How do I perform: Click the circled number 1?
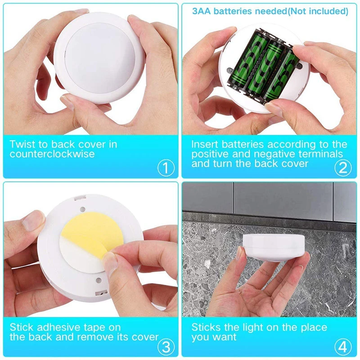165,168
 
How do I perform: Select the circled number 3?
165,347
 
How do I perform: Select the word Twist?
22,144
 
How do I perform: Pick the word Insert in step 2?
205,144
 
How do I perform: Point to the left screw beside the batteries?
230,71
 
